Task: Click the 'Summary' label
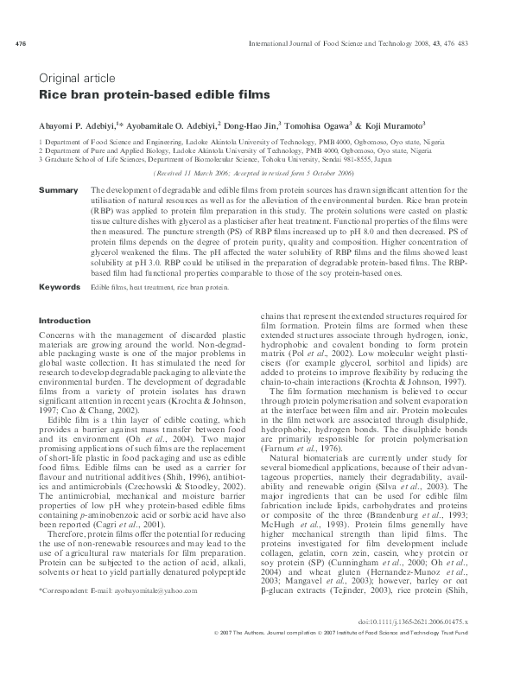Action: [59, 189]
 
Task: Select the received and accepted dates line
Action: [257, 173]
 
